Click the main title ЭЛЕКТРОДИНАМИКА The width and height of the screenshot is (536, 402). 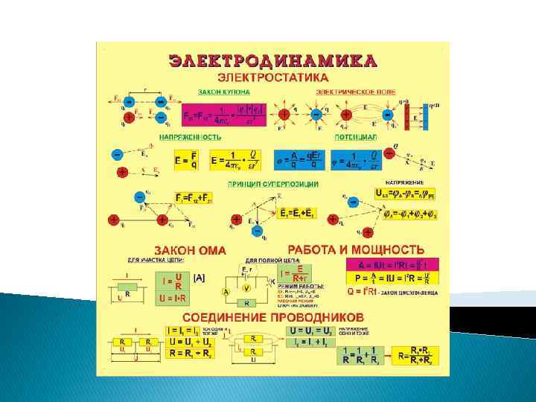pos(272,60)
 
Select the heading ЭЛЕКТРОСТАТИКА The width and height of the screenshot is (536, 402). pos(272,77)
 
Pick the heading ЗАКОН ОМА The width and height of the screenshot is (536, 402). pos(190,249)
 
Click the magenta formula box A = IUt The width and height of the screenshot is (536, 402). pos(392,264)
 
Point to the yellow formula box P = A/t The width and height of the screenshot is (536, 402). pos(392,278)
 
